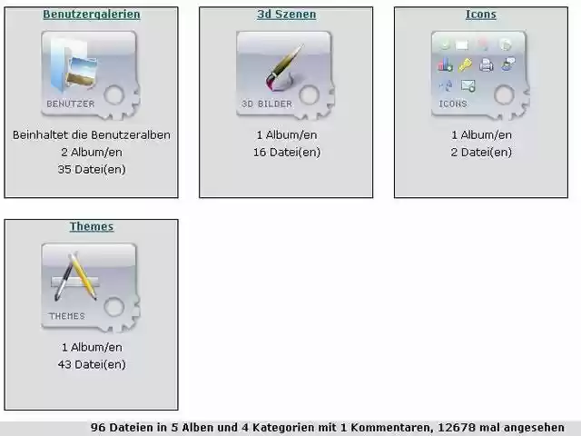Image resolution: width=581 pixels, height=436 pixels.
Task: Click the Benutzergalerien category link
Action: point(91,15)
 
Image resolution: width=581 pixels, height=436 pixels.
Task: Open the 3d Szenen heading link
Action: point(286,15)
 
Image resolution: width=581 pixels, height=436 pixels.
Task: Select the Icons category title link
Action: point(480,15)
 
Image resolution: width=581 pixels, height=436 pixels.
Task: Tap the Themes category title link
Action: point(91,226)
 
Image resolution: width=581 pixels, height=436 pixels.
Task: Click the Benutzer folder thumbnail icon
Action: point(89,74)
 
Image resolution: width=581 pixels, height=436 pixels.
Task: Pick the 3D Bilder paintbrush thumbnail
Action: point(284,74)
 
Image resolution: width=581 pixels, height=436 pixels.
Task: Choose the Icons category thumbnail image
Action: point(478,74)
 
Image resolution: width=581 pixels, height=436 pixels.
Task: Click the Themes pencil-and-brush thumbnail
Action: point(89,286)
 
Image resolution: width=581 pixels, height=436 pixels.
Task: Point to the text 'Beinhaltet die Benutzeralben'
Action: point(91,135)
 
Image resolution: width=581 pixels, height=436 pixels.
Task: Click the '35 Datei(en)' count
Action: point(91,169)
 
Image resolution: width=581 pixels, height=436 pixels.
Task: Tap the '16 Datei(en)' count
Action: point(286,152)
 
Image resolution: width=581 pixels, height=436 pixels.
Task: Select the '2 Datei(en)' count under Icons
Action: point(481,152)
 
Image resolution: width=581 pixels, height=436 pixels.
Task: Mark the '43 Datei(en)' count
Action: point(91,364)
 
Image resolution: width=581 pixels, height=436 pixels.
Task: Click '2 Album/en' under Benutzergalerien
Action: point(91,152)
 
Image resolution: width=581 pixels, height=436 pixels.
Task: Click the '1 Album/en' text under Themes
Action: point(91,347)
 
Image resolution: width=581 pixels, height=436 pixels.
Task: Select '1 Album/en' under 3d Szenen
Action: point(286,135)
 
